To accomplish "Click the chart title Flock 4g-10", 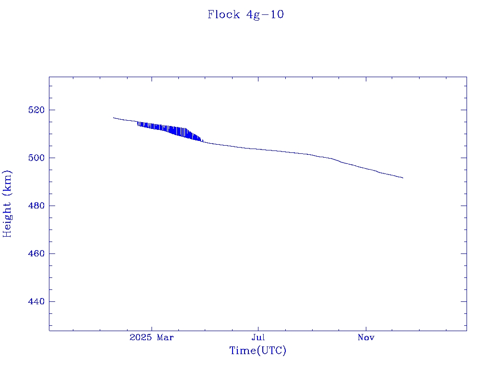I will [x=245, y=15].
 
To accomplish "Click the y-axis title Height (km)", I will [x=8, y=204].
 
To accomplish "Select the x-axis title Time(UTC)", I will [x=258, y=351].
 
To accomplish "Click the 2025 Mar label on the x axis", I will [x=152, y=338].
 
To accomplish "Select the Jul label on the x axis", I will [x=258, y=338].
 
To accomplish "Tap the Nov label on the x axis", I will [x=366, y=338].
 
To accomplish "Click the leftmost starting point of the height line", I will [x=114, y=117].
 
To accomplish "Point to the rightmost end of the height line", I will [x=403, y=178].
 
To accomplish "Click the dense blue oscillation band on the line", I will [x=170, y=130].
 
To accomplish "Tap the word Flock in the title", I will [x=223, y=15].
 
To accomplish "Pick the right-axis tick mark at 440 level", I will [x=463, y=301].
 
